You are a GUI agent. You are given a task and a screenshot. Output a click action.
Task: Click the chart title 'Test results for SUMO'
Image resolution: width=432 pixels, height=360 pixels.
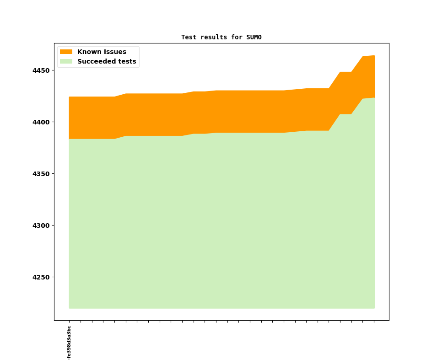(x=221, y=38)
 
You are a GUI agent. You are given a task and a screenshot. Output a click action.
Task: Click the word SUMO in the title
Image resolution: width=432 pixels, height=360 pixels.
(x=254, y=38)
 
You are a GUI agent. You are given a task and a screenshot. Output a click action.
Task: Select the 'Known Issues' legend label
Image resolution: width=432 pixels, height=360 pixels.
(x=102, y=52)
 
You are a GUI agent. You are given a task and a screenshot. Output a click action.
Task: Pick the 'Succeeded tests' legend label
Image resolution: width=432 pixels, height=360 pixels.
(x=107, y=62)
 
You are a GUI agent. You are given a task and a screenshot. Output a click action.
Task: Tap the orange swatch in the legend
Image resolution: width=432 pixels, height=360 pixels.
(x=66, y=52)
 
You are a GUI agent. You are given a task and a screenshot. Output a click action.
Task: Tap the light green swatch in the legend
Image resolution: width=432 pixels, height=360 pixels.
(x=66, y=62)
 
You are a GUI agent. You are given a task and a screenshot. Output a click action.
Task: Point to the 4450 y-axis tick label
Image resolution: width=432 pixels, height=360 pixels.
(x=41, y=70)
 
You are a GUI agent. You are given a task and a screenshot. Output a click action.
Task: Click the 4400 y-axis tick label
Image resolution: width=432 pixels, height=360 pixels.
(x=41, y=122)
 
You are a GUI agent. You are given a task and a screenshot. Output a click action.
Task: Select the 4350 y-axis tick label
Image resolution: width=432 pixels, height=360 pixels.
(x=41, y=174)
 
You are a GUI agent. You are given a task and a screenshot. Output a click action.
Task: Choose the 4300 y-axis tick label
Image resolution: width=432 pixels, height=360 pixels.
(x=41, y=226)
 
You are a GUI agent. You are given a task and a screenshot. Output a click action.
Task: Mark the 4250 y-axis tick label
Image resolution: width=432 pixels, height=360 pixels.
(x=41, y=277)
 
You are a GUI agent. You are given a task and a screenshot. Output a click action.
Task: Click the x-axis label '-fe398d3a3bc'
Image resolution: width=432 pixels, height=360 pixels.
(x=69, y=343)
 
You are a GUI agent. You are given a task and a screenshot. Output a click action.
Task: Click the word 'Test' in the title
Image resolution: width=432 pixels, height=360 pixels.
(x=189, y=38)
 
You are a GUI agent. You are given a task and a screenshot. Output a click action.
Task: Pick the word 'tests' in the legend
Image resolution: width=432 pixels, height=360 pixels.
(x=127, y=62)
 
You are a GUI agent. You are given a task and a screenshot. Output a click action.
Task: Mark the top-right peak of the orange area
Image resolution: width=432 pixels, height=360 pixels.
(x=374, y=56)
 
